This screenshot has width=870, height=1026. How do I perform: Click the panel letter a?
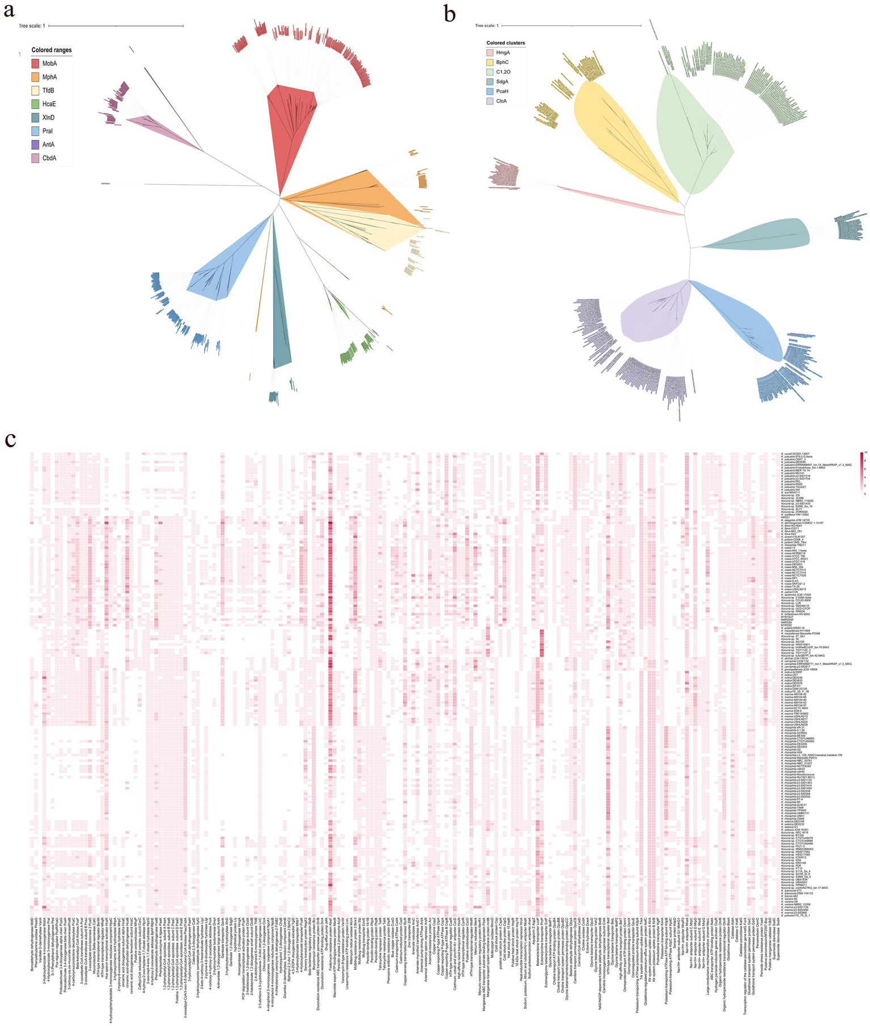pos(10,10)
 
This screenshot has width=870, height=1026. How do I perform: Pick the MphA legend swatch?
pos(39,78)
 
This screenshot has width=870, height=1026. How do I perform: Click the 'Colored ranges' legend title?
pos(52,50)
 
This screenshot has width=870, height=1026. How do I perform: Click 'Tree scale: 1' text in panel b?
pos(486,26)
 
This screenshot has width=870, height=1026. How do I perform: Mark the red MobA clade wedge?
pos(289,130)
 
